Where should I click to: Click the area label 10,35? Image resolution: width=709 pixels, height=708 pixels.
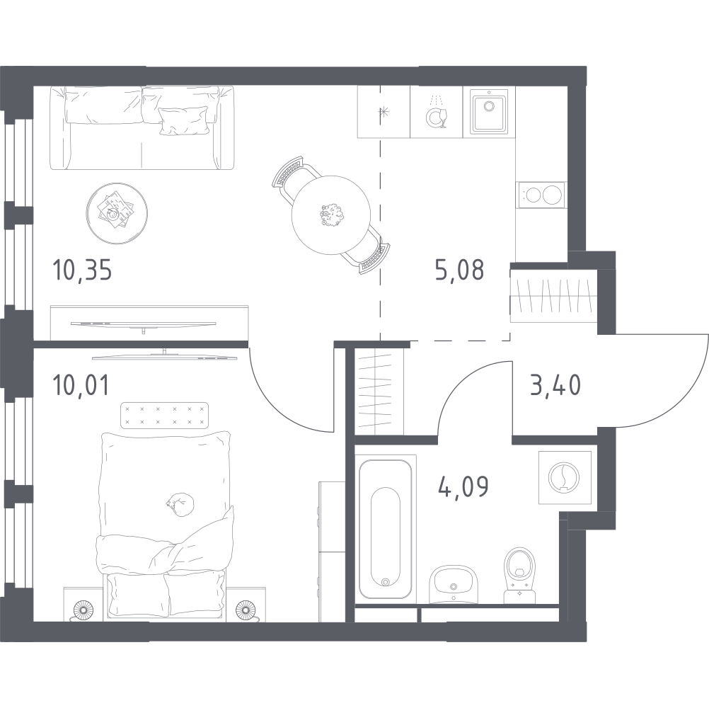tap(82, 271)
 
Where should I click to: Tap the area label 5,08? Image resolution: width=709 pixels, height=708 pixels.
tap(459, 270)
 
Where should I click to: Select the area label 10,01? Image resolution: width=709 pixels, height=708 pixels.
tap(81, 385)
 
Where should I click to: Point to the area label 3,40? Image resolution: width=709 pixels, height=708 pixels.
tap(555, 386)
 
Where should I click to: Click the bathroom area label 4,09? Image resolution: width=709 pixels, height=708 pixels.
tap(463, 486)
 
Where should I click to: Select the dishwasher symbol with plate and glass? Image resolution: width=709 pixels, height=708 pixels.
tap(436, 113)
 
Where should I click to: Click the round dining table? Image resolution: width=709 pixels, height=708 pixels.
tap(331, 215)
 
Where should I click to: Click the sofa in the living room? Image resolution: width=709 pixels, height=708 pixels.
tap(142, 128)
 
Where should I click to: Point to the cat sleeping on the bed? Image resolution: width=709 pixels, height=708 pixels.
tap(180, 504)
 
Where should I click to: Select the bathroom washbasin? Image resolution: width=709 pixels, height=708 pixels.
tap(454, 584)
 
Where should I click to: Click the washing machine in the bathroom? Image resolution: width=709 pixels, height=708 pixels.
tap(565, 477)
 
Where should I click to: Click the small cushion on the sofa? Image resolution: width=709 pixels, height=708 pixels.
tap(183, 120)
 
